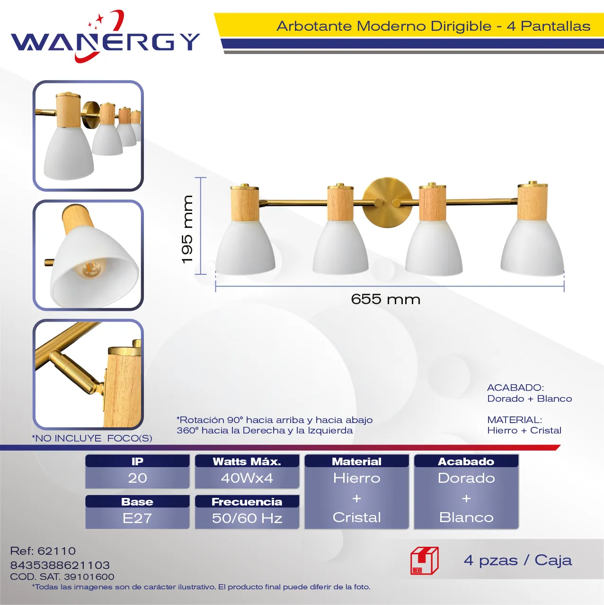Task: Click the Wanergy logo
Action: pyautogui.click(x=105, y=37)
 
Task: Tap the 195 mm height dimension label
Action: pyautogui.click(x=187, y=229)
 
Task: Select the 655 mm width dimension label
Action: pyautogui.click(x=386, y=299)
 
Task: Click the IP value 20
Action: pyautogui.click(x=137, y=478)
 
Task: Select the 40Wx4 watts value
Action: pyautogui.click(x=247, y=478)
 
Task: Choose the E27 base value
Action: pyautogui.click(x=137, y=518)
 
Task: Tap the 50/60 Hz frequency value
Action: pyautogui.click(x=247, y=518)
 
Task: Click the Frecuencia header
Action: pyautogui.click(x=247, y=502)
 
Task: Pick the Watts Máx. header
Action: pyautogui.click(x=247, y=461)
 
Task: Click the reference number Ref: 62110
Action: pyautogui.click(x=43, y=551)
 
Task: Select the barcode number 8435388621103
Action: pyautogui.click(x=60, y=565)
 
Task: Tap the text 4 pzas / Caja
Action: pyautogui.click(x=518, y=560)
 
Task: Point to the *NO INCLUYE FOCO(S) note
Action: pyautogui.click(x=92, y=438)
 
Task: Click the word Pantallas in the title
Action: pyautogui.click(x=556, y=26)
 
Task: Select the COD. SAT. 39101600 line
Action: pyautogui.click(x=62, y=577)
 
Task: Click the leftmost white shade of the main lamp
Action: pyautogui.click(x=245, y=247)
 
